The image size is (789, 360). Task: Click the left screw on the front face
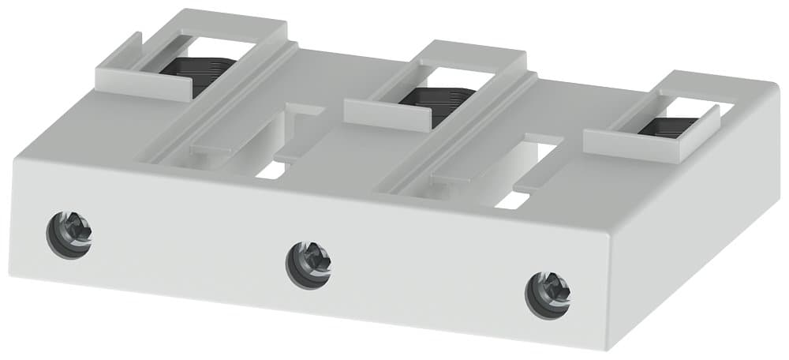[x=69, y=233]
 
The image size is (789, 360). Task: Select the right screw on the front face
[x=548, y=294]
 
